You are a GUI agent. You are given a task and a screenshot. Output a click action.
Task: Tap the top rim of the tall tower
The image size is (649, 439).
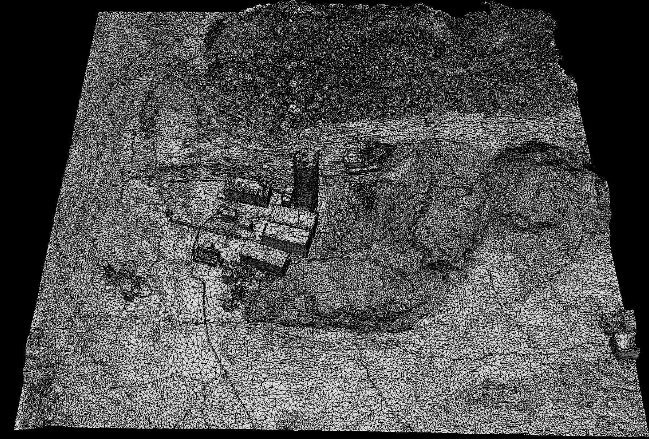click(306, 155)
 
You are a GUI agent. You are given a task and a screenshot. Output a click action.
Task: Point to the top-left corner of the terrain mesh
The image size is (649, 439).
click(98, 12)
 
